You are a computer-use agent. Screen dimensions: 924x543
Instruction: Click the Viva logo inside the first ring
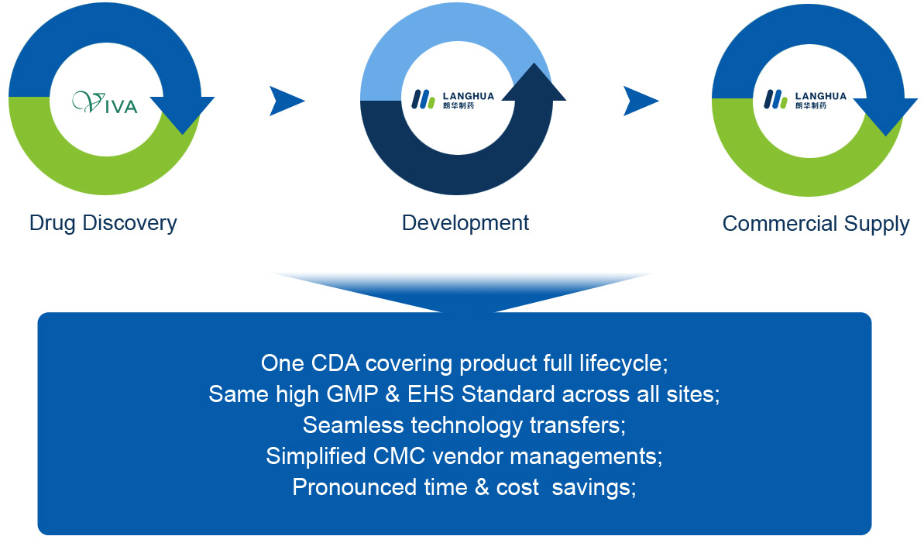click(105, 102)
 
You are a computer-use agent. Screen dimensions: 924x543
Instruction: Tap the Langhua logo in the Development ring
click(452, 99)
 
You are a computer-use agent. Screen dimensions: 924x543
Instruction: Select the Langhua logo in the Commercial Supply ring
click(805, 99)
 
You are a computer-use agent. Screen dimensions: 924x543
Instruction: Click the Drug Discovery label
click(103, 223)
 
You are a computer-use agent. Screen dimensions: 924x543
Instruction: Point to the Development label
click(465, 223)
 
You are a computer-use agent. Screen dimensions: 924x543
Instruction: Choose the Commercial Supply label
click(816, 224)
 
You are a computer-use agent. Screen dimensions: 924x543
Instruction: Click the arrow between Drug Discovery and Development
click(287, 101)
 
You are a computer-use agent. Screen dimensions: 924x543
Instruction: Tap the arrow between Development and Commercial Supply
click(641, 101)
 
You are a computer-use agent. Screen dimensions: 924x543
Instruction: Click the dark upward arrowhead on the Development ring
click(534, 83)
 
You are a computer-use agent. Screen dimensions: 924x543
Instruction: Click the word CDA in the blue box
click(335, 363)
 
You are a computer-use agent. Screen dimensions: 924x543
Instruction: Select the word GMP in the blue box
click(352, 394)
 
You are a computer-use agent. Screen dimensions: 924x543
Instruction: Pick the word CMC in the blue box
click(400, 456)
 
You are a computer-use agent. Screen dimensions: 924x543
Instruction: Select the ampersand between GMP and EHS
click(393, 394)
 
